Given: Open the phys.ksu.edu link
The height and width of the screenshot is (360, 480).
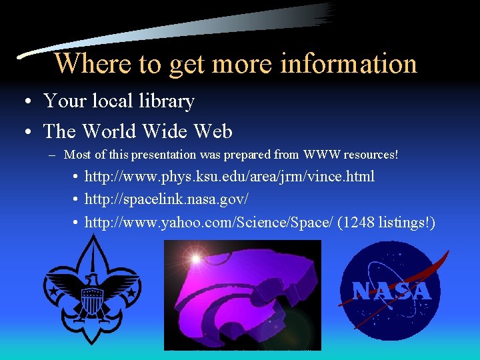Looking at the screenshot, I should pyautogui.click(x=229, y=177).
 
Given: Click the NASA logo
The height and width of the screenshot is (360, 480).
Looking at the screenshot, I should pyautogui.click(x=391, y=291).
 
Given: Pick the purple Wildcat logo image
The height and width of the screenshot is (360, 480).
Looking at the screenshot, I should pyautogui.click(x=243, y=295).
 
